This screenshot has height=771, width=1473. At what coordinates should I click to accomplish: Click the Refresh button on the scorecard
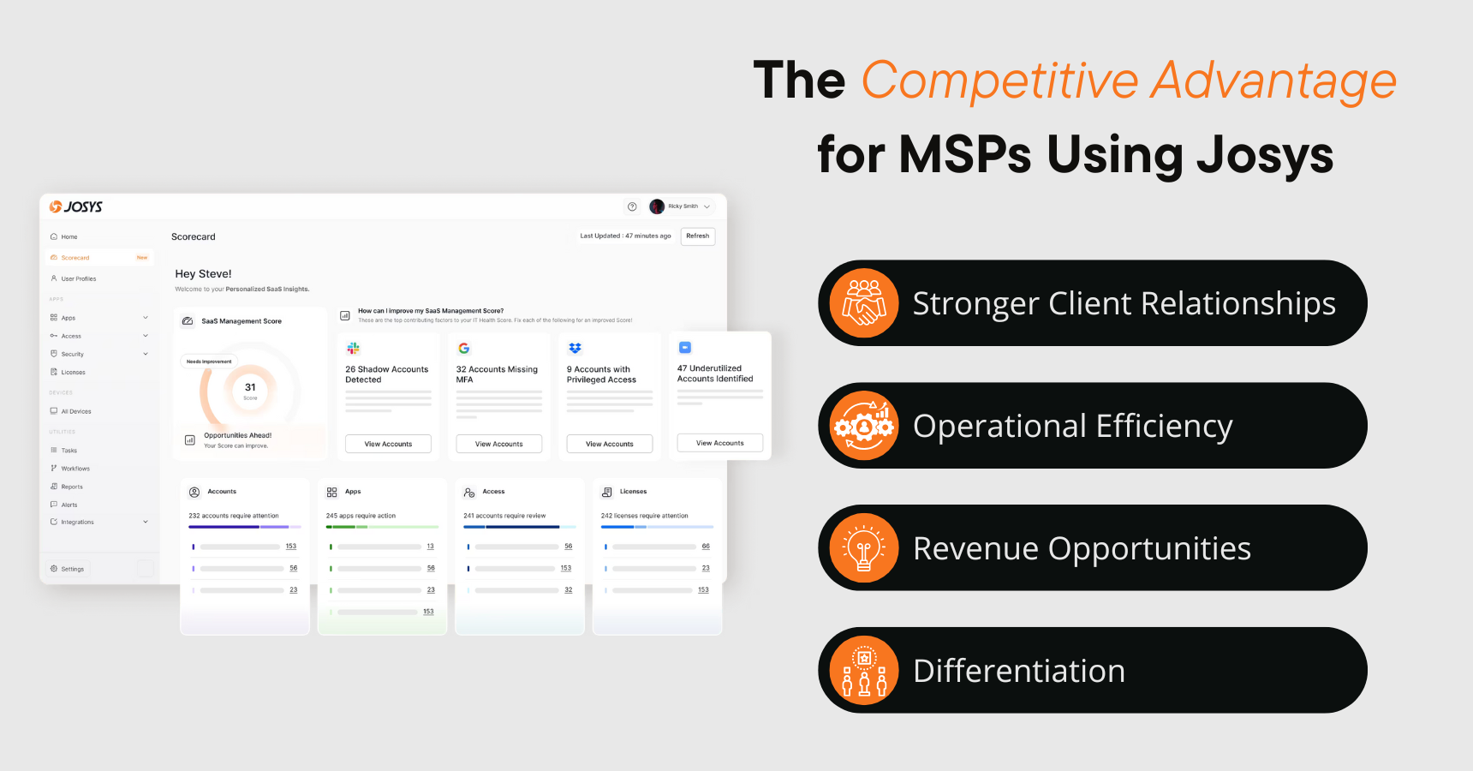(x=697, y=236)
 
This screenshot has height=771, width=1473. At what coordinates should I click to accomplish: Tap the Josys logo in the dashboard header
(x=76, y=206)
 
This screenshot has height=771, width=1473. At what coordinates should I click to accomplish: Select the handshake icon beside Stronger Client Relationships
(x=864, y=303)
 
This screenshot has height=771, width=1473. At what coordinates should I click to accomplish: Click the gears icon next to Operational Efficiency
(x=864, y=426)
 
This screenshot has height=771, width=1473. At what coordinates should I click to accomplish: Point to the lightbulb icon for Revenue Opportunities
(x=864, y=548)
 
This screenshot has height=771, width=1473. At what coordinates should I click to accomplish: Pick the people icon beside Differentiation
(x=864, y=671)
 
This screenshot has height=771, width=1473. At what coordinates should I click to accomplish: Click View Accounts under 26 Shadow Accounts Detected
(x=388, y=444)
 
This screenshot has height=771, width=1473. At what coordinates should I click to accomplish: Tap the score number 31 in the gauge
(x=250, y=387)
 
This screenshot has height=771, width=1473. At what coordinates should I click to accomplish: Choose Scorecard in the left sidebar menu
(x=75, y=258)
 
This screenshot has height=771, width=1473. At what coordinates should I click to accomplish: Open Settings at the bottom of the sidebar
(x=72, y=569)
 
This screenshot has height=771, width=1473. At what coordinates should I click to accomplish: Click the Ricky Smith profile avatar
(x=657, y=206)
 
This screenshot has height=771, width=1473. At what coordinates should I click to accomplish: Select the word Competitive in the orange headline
(x=999, y=81)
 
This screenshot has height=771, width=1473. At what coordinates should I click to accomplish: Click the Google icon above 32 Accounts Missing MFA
(x=463, y=349)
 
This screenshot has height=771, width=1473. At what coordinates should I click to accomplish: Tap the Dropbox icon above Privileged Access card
(x=575, y=349)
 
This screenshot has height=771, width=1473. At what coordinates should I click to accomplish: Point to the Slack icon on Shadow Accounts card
(x=353, y=349)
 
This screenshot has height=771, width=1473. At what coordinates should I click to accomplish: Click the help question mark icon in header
(x=632, y=206)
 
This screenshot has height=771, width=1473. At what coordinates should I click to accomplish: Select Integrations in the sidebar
(x=77, y=522)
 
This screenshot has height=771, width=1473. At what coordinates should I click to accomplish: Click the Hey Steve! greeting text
(x=203, y=274)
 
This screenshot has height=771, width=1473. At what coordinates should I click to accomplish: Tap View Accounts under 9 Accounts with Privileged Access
(x=609, y=444)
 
